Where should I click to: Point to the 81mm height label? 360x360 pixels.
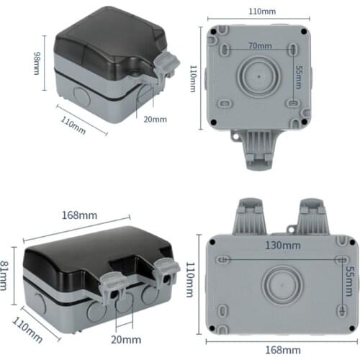[6, 274]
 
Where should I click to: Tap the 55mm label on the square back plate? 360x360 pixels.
[298, 74]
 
